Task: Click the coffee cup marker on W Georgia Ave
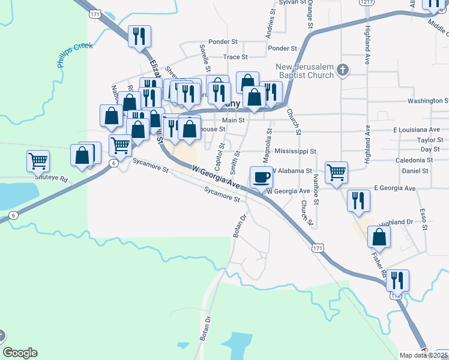click(261, 177)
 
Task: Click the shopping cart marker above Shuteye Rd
click(38, 161)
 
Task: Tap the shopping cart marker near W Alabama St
click(337, 172)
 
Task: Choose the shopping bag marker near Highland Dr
click(379, 237)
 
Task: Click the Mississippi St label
click(295, 152)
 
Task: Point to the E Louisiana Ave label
click(417, 130)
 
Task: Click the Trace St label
click(235, 57)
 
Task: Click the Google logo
click(20, 353)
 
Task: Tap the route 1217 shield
click(367, 2)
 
